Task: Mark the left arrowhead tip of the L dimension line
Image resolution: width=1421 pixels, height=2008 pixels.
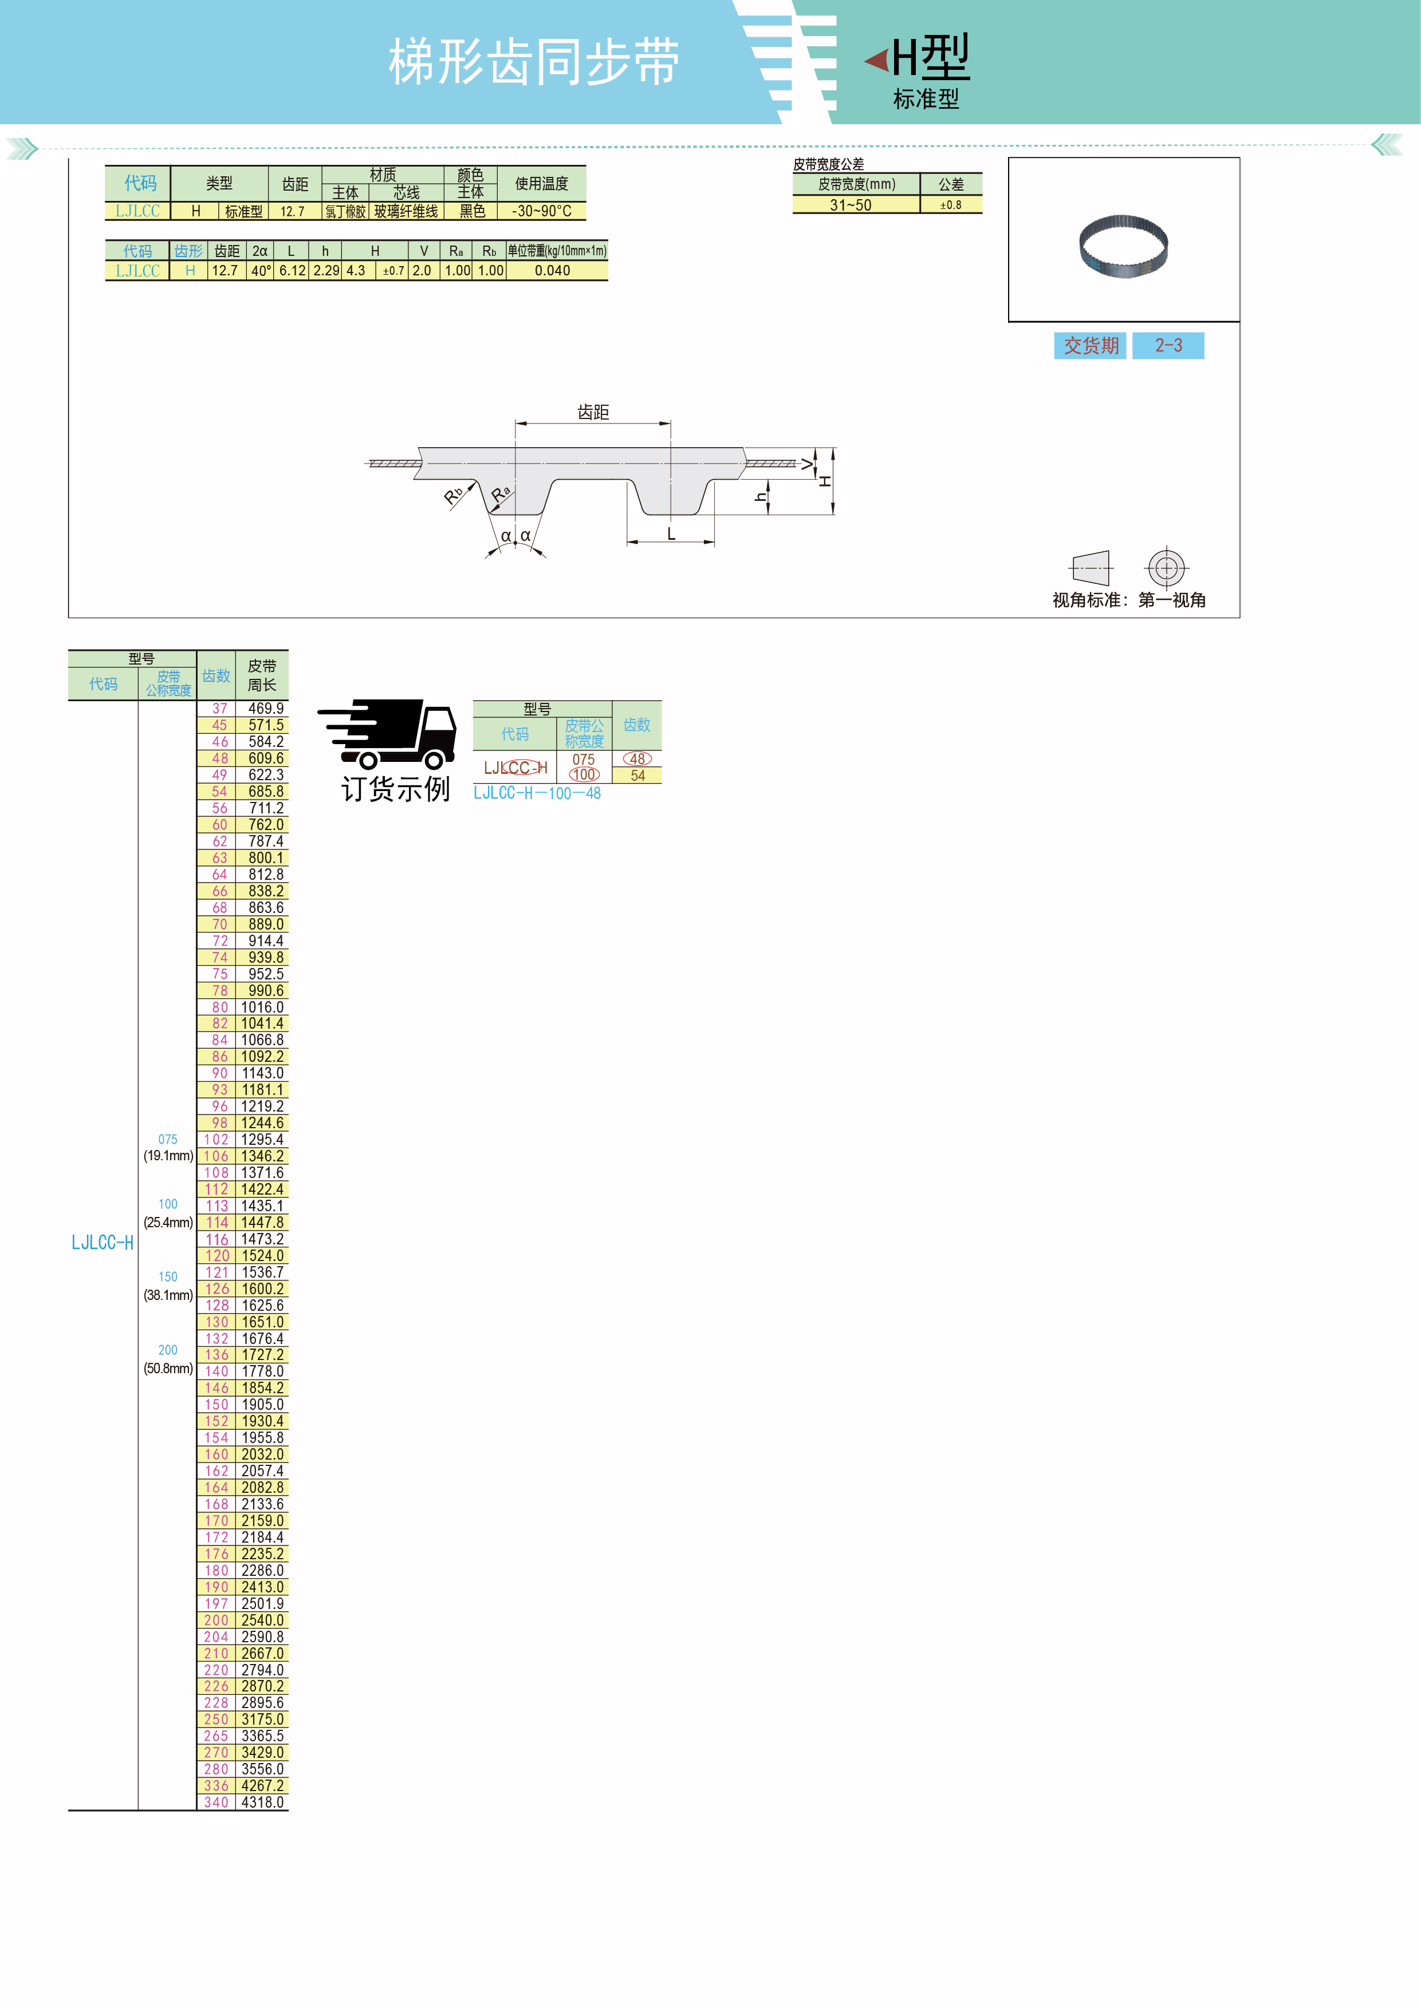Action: [627, 542]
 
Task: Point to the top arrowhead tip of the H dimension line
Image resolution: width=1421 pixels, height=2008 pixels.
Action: [833, 449]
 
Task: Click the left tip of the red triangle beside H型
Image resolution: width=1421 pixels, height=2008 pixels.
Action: [864, 60]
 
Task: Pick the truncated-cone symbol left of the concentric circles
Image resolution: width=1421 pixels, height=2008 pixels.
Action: [1091, 568]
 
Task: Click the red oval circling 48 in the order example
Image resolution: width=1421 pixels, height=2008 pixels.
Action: [637, 759]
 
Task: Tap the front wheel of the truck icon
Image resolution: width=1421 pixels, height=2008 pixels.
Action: [434, 760]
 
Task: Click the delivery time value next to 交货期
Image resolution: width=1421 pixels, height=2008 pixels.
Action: [1168, 346]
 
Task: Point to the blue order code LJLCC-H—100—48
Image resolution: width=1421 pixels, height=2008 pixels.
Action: [537, 793]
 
